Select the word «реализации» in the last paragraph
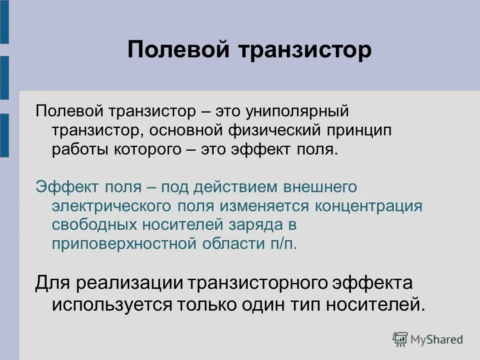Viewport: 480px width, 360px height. (x=129, y=283)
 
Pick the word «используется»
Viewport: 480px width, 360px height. (x=107, y=304)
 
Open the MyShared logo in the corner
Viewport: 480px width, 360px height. (x=427, y=339)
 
